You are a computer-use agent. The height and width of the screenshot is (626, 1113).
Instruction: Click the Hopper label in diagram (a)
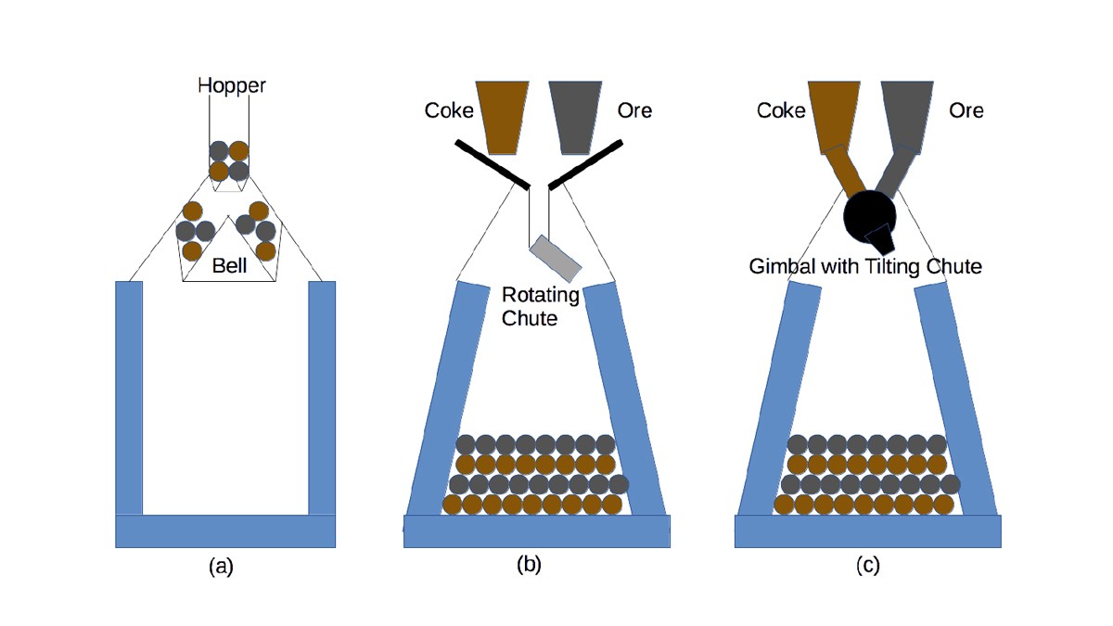(x=231, y=86)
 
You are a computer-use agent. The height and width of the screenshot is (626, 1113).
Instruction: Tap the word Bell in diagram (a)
(x=229, y=266)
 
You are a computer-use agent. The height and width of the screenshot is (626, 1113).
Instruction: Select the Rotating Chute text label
(x=540, y=306)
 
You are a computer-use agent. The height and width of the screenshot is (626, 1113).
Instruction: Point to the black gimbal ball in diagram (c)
(x=869, y=214)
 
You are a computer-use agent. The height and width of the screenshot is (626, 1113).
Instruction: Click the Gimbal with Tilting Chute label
(x=864, y=267)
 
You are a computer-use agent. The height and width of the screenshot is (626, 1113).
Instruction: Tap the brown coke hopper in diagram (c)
(x=833, y=113)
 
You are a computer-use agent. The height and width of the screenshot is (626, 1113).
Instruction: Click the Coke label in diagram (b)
(x=449, y=110)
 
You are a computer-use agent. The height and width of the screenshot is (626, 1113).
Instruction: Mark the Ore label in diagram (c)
(x=966, y=110)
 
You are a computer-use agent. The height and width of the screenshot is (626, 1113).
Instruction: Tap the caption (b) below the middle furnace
(x=529, y=564)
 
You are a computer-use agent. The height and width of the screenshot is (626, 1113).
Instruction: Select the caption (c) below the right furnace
(x=867, y=565)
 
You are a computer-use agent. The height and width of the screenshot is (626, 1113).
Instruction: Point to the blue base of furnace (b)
(x=537, y=530)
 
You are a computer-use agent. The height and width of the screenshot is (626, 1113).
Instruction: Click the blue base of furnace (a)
(x=224, y=530)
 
